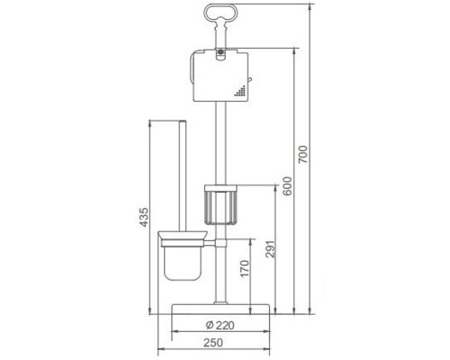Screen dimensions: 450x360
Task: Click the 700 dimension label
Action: (x=303, y=154)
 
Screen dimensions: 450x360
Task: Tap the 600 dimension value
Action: (x=287, y=186)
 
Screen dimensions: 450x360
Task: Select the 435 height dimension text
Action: (x=144, y=217)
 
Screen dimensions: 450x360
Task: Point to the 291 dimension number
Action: (x=270, y=248)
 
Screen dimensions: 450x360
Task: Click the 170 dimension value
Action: (x=245, y=268)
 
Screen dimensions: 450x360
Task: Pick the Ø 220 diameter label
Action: (x=220, y=325)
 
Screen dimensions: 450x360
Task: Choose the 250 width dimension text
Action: (x=213, y=343)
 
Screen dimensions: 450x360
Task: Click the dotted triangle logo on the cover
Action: (x=240, y=91)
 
